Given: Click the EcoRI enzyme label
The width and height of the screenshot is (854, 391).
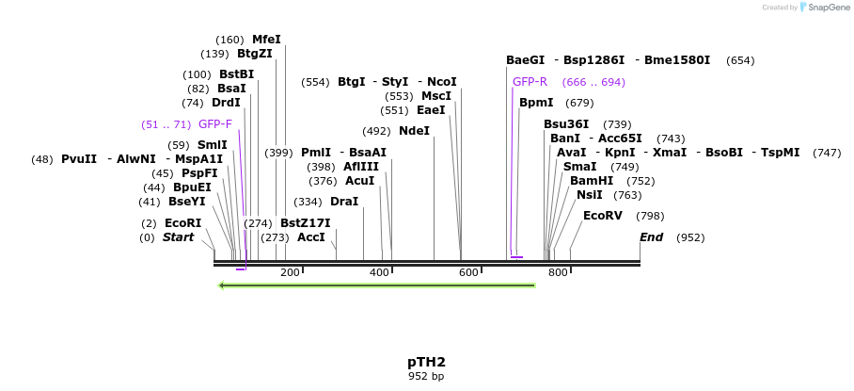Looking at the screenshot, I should [182, 223].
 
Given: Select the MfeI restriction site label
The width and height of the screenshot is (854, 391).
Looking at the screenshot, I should [266, 40].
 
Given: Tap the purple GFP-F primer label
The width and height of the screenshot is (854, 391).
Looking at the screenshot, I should [214, 124].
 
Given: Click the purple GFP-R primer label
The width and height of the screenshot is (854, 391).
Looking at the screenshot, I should [530, 82].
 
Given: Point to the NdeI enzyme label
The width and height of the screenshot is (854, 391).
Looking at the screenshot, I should [414, 131].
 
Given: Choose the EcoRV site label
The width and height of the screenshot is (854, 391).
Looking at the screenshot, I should [603, 216].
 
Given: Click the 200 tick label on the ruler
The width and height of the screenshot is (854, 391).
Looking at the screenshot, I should [290, 273].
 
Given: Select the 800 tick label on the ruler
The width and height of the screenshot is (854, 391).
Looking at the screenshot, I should [558, 273].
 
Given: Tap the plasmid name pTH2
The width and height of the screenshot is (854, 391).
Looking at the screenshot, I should [426, 362].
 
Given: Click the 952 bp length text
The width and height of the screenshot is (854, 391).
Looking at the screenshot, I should [426, 376].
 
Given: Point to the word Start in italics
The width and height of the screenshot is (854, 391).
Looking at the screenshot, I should [178, 237].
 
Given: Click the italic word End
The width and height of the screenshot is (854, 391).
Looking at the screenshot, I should [652, 237].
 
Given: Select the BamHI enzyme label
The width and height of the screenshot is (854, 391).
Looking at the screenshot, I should [592, 181].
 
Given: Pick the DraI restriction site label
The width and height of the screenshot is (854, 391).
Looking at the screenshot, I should [344, 202].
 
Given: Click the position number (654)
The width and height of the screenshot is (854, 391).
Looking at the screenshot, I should [740, 60].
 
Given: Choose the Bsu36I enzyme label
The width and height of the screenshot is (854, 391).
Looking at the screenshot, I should [566, 124].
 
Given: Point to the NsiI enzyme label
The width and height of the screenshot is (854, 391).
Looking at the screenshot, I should [590, 195].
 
